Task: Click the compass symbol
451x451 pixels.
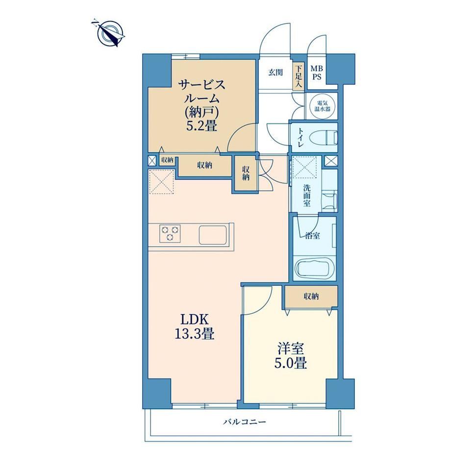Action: pyautogui.click(x=110, y=33)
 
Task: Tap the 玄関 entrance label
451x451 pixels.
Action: pyautogui.click(x=276, y=73)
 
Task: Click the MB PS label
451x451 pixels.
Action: pyautogui.click(x=317, y=73)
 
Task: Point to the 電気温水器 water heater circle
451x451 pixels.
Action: pyautogui.click(x=323, y=105)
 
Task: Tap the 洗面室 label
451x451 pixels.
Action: pyautogui.click(x=306, y=196)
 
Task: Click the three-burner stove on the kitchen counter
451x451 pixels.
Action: pyautogui.click(x=170, y=233)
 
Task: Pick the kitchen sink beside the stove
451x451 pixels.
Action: pyautogui.click(x=213, y=234)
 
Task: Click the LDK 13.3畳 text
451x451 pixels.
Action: pyautogui.click(x=195, y=327)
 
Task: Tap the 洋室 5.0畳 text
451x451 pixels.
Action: pyautogui.click(x=291, y=356)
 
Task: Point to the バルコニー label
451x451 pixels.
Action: pyautogui.click(x=245, y=422)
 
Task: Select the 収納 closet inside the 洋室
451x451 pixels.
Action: pyautogui.click(x=311, y=296)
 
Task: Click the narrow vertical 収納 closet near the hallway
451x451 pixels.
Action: pyautogui.click(x=245, y=174)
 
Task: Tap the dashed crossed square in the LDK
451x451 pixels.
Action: pyautogui.click(x=161, y=181)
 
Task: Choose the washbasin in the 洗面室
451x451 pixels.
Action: pyautogui.click(x=329, y=200)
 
